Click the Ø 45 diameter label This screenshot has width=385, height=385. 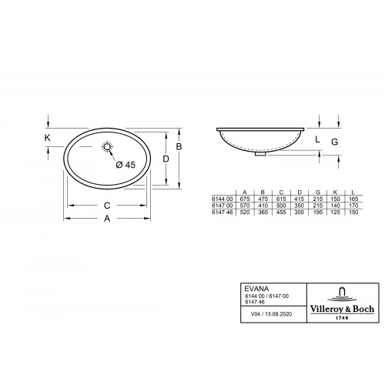click(125, 165)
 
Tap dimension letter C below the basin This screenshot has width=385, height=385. click(108, 206)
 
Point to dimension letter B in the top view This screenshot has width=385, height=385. click(179, 146)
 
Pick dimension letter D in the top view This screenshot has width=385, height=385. click(166, 158)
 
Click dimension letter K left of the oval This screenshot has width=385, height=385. click(48, 138)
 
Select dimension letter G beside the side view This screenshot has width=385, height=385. click(334, 142)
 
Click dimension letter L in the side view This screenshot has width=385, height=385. click(318, 139)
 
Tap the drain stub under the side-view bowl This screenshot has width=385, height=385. click(261, 152)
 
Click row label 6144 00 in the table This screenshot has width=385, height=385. click(222, 199)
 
